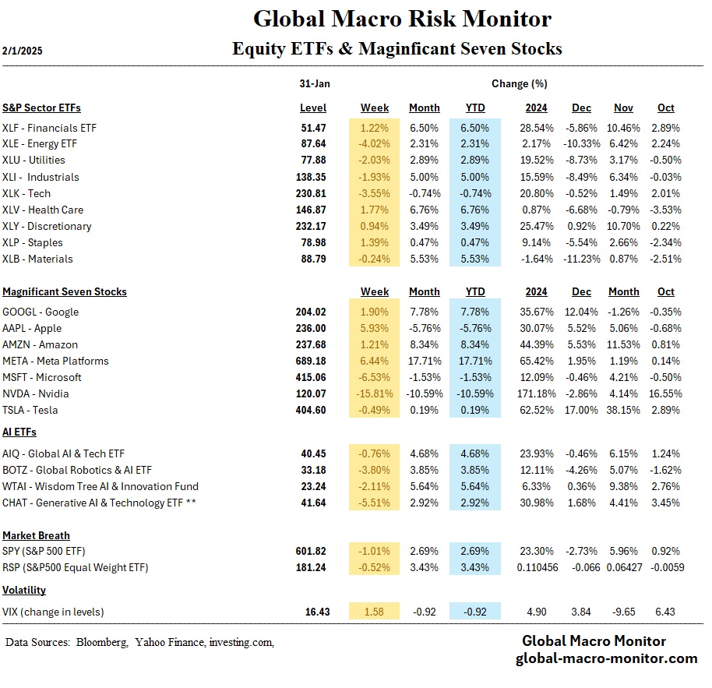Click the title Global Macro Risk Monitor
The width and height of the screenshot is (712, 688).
(402, 19)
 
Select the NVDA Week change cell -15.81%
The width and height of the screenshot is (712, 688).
(375, 393)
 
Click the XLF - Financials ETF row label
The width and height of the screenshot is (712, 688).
(50, 127)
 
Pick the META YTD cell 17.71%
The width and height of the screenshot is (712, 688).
(474, 361)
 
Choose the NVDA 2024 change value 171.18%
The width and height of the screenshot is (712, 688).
(535, 393)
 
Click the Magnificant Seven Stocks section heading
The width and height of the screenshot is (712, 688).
(65, 291)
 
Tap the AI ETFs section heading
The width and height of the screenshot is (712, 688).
(19, 432)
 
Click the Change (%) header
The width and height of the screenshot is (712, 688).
(519, 83)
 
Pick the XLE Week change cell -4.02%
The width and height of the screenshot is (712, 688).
(375, 143)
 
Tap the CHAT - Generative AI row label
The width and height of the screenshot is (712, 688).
(99, 503)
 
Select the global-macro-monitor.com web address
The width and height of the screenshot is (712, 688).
(606, 658)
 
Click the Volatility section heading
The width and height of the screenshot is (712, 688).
(24, 590)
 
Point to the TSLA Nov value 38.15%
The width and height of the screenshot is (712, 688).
(623, 410)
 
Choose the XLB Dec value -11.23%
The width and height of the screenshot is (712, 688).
(580, 259)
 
